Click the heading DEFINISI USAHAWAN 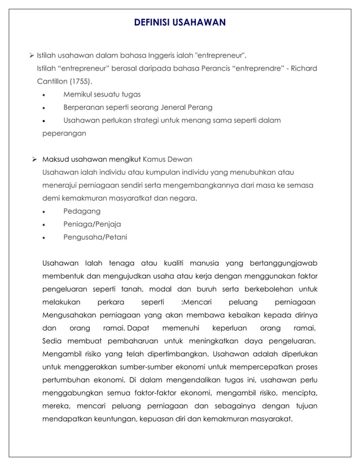[x=180, y=23]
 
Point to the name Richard [x=302, y=68]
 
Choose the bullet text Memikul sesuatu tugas [x=102, y=94]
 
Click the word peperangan [x=64, y=134]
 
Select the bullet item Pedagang [x=82, y=211]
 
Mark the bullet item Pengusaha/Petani [x=95, y=237]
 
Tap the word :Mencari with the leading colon [x=191, y=302]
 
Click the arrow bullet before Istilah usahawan [x=32, y=56]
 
